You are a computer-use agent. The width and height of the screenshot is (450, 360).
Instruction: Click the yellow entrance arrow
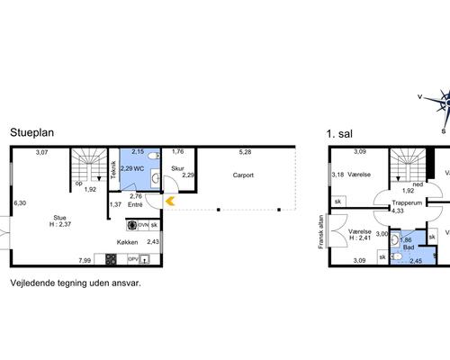[x=170, y=201]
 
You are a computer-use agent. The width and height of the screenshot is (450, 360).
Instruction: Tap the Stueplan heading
[x=32, y=132]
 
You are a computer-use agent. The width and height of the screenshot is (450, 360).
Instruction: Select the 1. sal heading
[x=339, y=134]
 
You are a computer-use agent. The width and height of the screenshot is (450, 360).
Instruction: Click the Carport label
[x=243, y=175]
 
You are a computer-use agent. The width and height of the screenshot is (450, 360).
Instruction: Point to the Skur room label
[x=177, y=168]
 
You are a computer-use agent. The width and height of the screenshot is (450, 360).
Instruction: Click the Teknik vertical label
[x=113, y=170]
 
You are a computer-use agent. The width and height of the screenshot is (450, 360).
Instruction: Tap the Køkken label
[x=127, y=242]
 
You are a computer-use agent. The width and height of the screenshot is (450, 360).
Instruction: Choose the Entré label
[x=135, y=205]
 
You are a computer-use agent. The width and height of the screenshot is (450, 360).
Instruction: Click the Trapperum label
[x=407, y=202]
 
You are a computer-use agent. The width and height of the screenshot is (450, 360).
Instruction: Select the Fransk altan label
[x=321, y=231]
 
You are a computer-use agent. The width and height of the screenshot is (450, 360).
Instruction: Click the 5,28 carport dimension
[x=245, y=152]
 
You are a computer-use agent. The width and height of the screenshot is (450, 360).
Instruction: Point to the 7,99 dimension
[x=85, y=260]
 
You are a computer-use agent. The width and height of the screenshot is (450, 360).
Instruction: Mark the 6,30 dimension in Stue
[x=20, y=203]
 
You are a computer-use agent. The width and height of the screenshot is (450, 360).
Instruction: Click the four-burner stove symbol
[x=111, y=259]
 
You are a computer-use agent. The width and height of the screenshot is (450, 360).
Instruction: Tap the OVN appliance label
[x=143, y=225]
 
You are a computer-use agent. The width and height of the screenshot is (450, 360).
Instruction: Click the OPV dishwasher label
[x=133, y=259]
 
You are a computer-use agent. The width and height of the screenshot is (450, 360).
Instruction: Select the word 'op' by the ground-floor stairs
[x=79, y=184]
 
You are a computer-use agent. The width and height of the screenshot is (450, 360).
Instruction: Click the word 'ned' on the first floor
[x=418, y=184]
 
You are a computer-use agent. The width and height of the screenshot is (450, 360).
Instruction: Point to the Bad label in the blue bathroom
[x=409, y=247]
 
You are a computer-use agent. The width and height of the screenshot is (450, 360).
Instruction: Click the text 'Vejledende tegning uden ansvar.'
[x=76, y=283]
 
